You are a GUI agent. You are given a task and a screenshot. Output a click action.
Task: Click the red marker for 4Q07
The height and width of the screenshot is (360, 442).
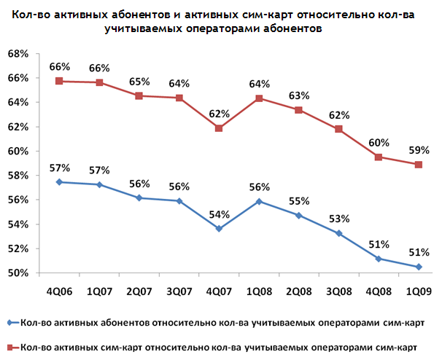tap(219, 128)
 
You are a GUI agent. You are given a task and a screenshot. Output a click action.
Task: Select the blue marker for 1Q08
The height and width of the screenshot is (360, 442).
tap(259, 201)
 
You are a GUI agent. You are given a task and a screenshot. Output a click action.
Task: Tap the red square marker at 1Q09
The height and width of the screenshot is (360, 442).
tap(418, 165)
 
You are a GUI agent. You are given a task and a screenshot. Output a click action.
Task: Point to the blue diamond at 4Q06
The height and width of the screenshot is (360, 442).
tap(60, 182)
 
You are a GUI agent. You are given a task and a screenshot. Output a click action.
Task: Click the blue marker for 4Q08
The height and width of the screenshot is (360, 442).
tap(378, 259)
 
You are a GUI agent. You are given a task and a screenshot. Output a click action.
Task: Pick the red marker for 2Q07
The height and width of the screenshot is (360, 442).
tap(139, 96)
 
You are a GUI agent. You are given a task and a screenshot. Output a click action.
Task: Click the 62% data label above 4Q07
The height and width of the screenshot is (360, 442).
tap(219, 114)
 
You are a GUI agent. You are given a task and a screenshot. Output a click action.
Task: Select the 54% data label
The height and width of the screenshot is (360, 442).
tap(219, 214)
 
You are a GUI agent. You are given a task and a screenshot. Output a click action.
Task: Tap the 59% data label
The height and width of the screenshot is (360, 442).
tap(418, 150)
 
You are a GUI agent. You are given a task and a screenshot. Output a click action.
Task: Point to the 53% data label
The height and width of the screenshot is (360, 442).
tap(338, 219)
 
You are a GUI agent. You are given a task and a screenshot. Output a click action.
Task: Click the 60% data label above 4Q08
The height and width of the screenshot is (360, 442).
tap(378, 142)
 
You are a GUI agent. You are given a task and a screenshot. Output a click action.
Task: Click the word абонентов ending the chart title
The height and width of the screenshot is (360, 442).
tap(287, 28)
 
